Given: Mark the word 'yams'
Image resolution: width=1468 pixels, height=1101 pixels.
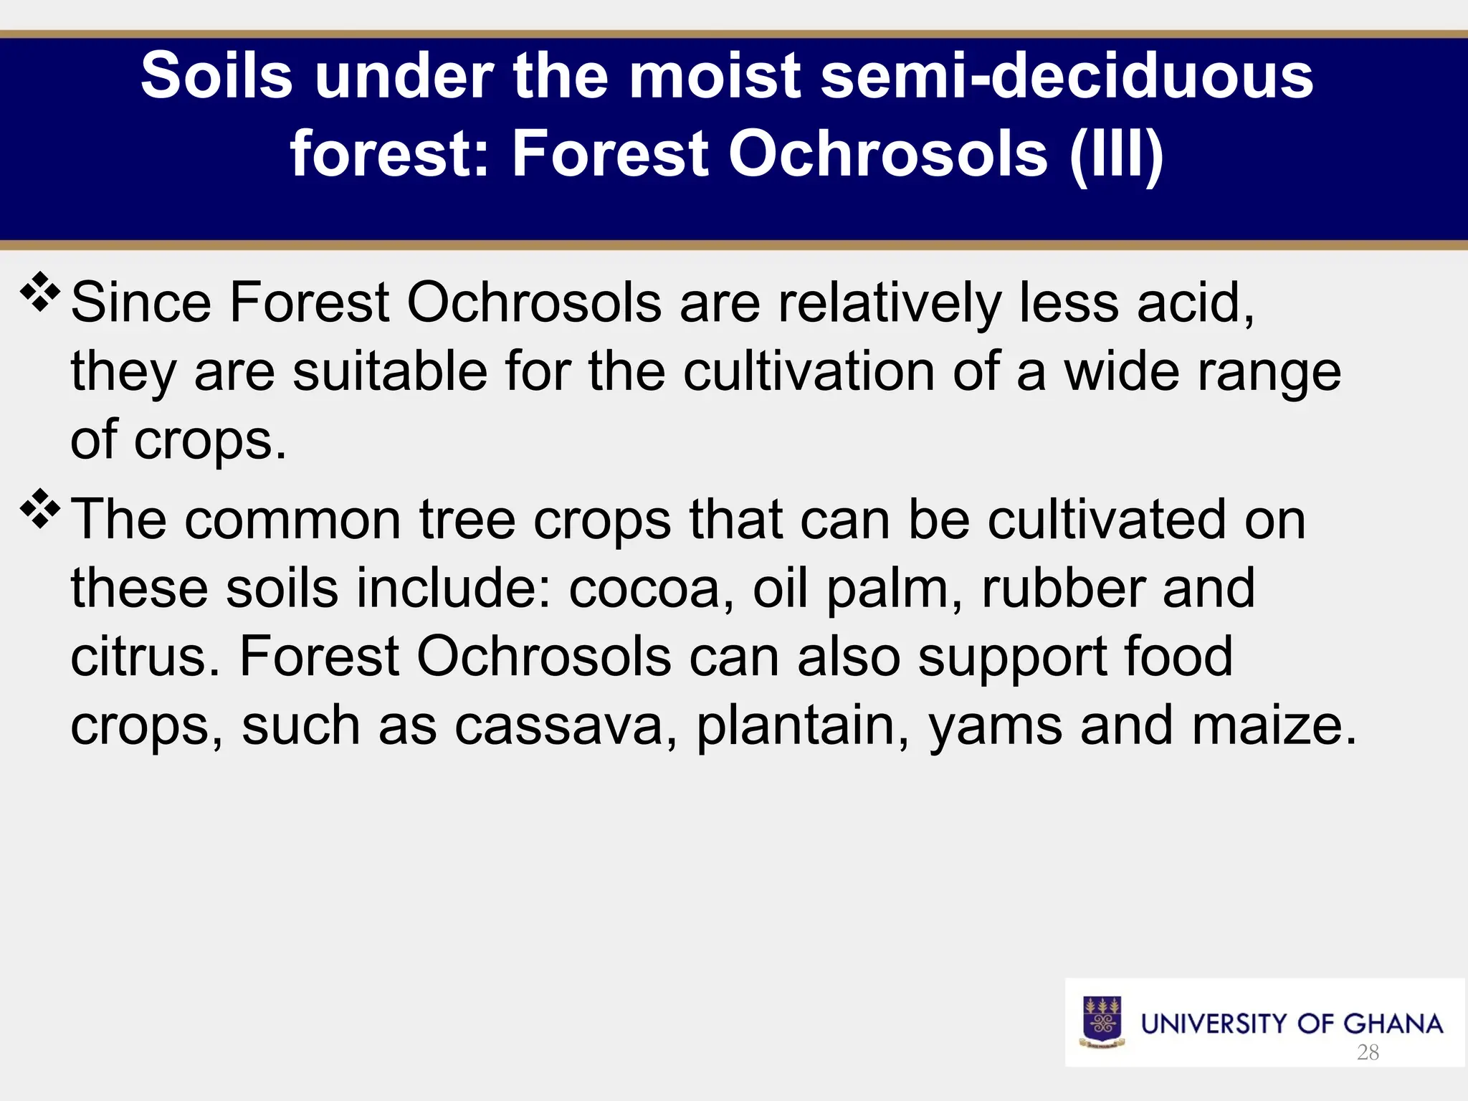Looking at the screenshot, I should click(x=995, y=725).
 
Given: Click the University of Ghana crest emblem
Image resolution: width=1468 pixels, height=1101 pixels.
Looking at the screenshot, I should click(x=1102, y=1022).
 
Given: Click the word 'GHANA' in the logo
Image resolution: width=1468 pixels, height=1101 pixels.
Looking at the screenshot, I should click(x=1393, y=1024).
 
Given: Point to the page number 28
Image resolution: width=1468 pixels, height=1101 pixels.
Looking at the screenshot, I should click(x=1368, y=1052).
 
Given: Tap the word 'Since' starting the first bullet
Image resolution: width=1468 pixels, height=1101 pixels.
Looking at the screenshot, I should click(x=140, y=302).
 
